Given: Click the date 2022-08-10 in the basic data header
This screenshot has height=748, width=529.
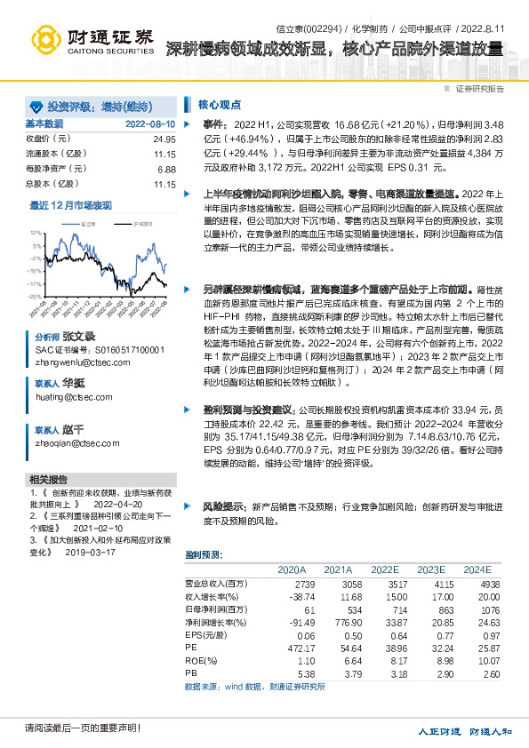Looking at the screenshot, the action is pyautogui.click(x=149, y=123).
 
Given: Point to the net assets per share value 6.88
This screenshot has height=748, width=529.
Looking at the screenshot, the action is pyautogui.click(x=166, y=169).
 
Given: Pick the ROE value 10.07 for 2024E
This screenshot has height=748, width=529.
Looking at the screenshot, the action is pyautogui.click(x=477, y=662).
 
